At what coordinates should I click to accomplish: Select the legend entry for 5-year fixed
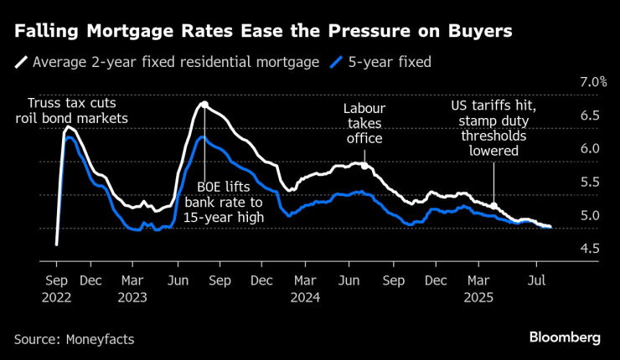click(381, 61)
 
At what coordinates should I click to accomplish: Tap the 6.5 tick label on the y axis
click(589, 116)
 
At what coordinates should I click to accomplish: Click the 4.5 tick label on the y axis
click(589, 249)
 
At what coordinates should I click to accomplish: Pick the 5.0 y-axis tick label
click(589, 215)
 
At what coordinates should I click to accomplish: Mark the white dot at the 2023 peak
click(204, 104)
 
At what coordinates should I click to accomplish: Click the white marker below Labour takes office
click(364, 164)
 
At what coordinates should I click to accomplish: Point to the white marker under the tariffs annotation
click(494, 206)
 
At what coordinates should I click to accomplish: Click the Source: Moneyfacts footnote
click(74, 338)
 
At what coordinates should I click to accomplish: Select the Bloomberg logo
click(565, 337)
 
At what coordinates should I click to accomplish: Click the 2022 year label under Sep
click(57, 296)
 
